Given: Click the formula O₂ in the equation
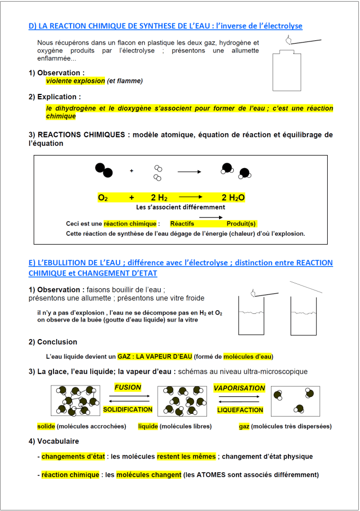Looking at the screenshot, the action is click(103, 198).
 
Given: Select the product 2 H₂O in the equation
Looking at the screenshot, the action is click(233, 198).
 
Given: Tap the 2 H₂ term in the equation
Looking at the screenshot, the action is click(159, 198).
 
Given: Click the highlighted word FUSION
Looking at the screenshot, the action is click(127, 387).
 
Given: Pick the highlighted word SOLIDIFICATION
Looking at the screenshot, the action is click(128, 409).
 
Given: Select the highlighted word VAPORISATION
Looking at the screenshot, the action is click(239, 388).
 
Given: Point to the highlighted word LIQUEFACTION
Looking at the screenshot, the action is click(240, 410).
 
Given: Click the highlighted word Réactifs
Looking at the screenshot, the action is click(182, 224).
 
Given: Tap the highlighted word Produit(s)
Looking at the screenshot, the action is click(241, 224).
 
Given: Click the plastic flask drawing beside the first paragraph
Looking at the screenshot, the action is click(287, 70).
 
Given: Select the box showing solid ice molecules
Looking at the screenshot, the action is click(75, 401).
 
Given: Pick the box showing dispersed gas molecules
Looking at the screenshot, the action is click(296, 401).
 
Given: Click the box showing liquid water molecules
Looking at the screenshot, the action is click(182, 401).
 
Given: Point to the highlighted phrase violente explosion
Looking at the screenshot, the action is click(75, 81).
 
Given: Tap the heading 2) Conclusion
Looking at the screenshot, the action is click(53, 342).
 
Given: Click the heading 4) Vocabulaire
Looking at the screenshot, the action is click(54, 441).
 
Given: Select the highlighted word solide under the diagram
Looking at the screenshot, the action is click(46, 426).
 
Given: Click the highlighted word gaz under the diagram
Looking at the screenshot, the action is click(244, 426).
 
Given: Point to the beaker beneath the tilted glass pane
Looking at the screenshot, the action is click(304, 316).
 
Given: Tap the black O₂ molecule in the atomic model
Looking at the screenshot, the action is click(104, 170).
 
